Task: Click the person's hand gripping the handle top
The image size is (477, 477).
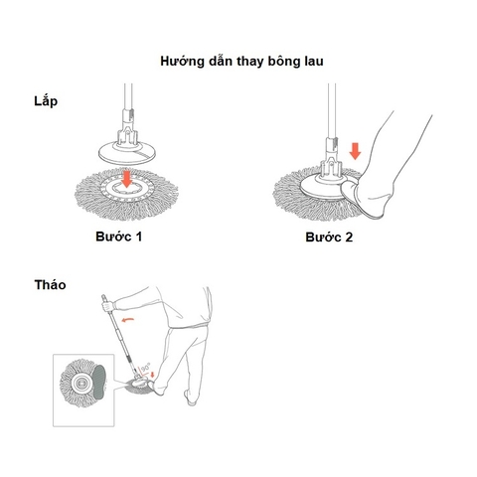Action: pyautogui.click(x=105, y=296)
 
